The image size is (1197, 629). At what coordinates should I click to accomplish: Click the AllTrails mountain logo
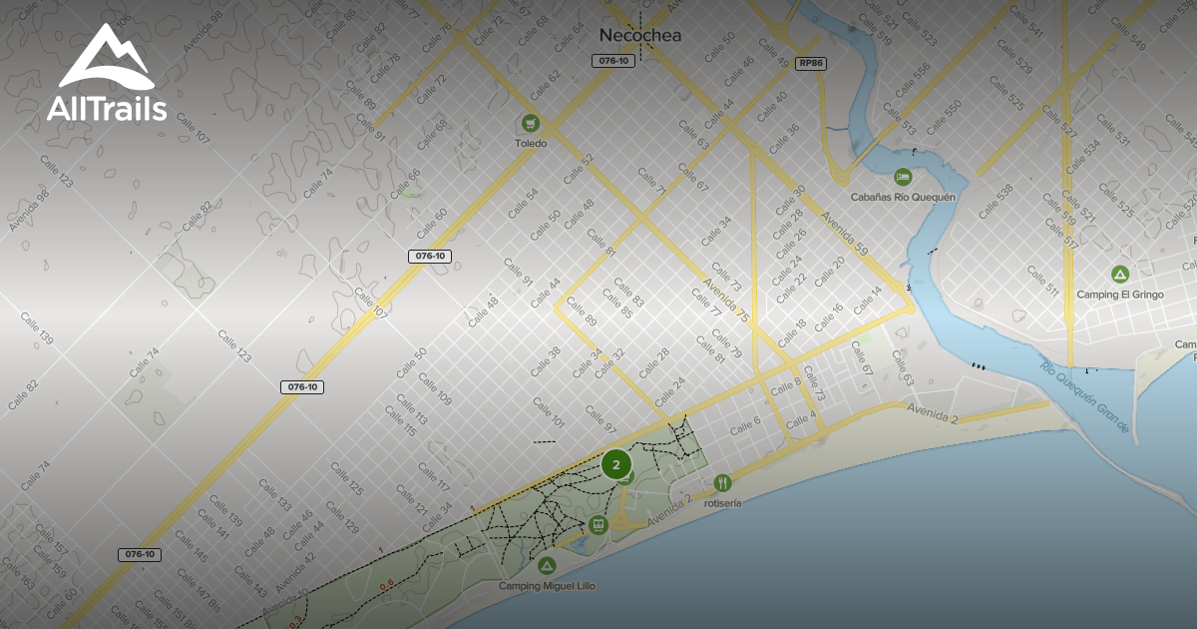(x=106, y=58)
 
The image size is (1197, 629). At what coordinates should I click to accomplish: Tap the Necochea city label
(x=639, y=35)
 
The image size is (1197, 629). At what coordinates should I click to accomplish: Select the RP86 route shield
(x=811, y=63)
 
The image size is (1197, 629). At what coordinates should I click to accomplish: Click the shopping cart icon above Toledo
(x=531, y=123)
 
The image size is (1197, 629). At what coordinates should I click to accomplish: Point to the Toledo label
(x=531, y=144)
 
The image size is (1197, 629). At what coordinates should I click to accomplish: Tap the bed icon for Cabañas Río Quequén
(x=903, y=177)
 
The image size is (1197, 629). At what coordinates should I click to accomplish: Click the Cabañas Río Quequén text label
(x=903, y=197)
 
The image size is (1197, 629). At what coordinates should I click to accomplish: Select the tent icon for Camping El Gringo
(x=1119, y=274)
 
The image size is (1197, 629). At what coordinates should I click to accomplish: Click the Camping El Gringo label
(x=1119, y=295)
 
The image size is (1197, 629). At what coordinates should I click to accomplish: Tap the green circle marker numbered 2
(x=616, y=464)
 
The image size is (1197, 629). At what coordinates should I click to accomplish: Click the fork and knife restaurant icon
(x=722, y=483)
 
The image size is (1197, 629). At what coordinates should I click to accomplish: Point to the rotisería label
(x=722, y=503)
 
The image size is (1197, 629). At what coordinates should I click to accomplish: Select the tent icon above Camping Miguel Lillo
(x=546, y=565)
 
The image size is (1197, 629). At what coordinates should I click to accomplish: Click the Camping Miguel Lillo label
(x=547, y=586)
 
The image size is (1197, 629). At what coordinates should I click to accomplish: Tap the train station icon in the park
(x=598, y=523)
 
